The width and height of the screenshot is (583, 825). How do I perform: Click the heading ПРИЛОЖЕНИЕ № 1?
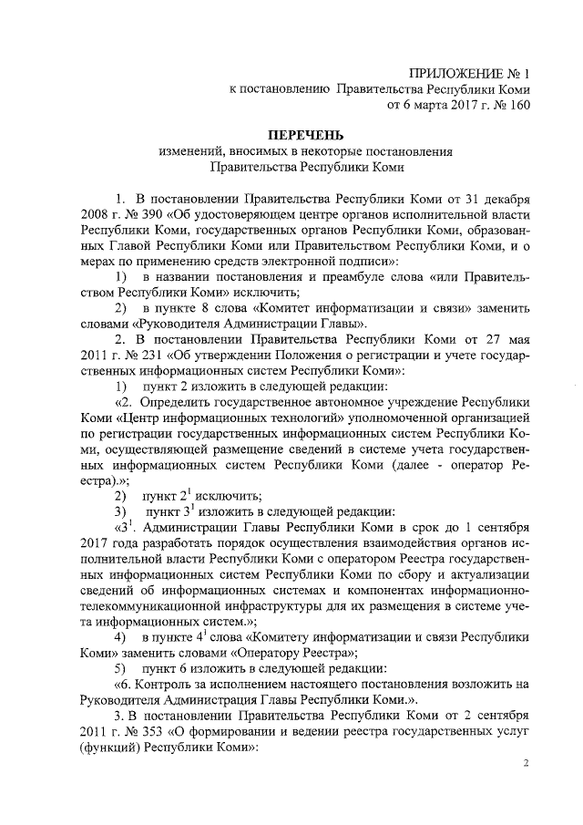[x=469, y=72]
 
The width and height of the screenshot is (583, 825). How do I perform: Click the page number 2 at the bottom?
[x=526, y=764]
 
